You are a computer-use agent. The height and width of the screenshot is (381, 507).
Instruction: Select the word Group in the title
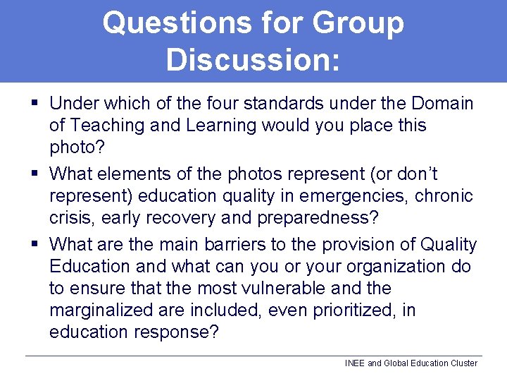tap(357, 23)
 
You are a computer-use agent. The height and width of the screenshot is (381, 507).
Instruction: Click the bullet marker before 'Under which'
tap(35, 104)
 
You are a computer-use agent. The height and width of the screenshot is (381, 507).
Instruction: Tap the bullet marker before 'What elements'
tap(35, 173)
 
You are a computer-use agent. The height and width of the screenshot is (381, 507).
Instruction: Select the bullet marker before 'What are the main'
tap(35, 245)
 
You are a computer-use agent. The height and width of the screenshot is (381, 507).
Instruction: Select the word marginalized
tap(112, 310)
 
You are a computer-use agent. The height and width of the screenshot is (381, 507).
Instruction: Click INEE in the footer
tap(355, 363)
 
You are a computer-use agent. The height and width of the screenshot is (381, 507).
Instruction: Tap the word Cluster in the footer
tap(463, 363)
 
